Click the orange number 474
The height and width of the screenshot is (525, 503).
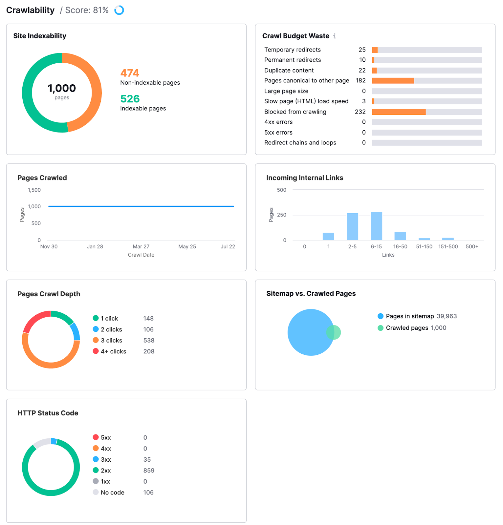(130, 73)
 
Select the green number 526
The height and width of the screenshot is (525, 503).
(130, 99)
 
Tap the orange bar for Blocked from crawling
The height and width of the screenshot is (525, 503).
(399, 112)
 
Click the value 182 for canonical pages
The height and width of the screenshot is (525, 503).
(361, 81)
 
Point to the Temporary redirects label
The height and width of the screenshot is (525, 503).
(292, 50)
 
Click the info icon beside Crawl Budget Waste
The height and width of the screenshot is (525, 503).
(334, 36)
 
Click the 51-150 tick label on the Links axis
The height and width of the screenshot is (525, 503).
(424, 247)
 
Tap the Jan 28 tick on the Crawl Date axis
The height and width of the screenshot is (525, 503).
(95, 247)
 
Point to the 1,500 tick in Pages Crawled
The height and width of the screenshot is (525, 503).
(34, 190)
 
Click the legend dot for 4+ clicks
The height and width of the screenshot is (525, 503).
(96, 351)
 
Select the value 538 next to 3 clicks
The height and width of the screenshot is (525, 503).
(149, 341)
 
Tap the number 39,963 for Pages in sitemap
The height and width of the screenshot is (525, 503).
(447, 316)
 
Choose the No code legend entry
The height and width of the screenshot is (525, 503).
(112, 493)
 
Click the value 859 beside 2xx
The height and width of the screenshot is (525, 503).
(149, 471)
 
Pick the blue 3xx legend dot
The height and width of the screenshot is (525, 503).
(96, 459)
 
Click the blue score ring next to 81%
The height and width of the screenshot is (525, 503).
(119, 10)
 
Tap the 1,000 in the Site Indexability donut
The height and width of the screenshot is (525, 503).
(62, 88)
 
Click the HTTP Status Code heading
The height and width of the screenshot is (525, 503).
(48, 413)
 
